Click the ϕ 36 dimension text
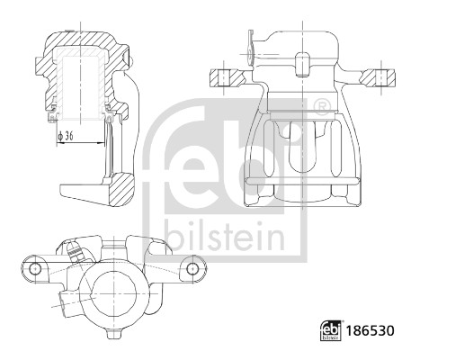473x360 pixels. coord(67,136)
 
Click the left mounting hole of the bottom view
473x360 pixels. coord(34,269)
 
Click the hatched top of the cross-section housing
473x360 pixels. coord(81,40)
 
